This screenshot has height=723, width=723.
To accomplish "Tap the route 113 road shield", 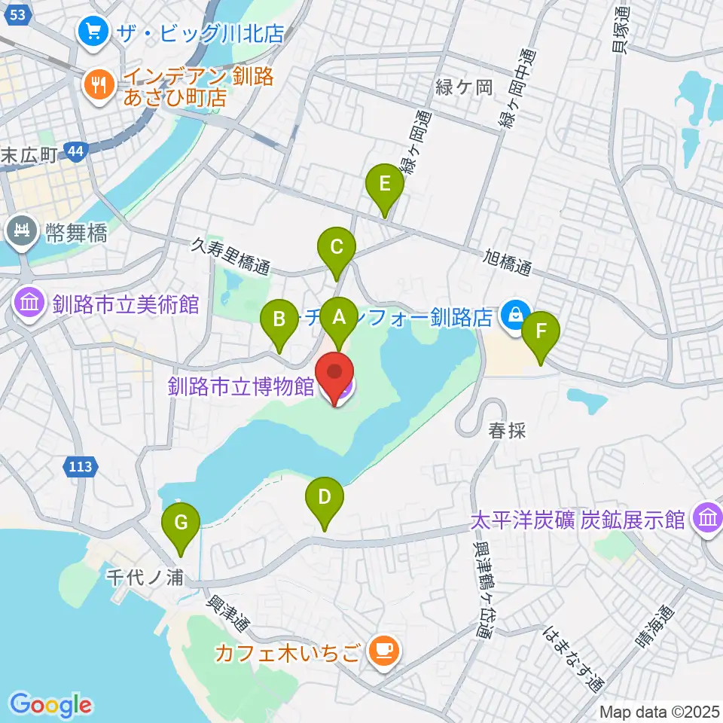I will [81, 467].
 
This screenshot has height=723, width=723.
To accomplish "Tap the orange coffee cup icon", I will [385, 650].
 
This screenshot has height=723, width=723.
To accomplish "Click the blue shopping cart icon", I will [94, 32].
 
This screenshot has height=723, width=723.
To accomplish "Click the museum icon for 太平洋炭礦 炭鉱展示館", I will [707, 519].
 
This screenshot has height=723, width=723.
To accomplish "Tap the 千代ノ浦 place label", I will [145, 578].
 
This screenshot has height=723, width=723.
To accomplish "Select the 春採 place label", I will [505, 430].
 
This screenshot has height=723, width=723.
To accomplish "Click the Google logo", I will [50, 705].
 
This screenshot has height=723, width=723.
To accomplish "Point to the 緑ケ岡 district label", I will [463, 87].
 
